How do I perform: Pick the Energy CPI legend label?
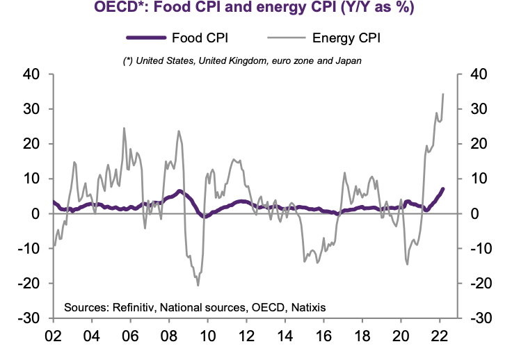click(x=346, y=38)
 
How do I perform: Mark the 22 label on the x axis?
click(x=439, y=336)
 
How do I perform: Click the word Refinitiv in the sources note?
click(x=137, y=306)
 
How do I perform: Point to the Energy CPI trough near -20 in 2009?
click(x=198, y=285)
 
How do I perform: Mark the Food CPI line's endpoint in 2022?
click(x=444, y=189)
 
